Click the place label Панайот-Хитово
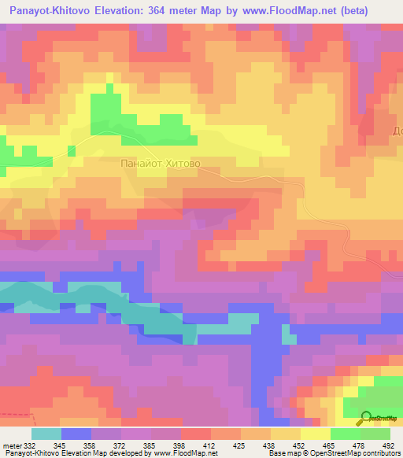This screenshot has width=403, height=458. point(161,164)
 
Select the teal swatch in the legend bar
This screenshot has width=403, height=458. point(46,434)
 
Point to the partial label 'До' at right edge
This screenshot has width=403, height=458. point(397,131)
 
